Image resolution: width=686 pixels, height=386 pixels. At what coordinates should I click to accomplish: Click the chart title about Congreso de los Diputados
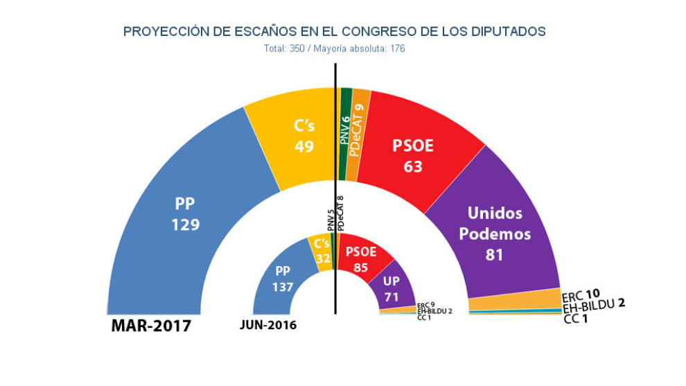click(x=334, y=32)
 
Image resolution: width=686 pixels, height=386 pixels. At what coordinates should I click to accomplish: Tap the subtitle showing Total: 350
click(x=334, y=49)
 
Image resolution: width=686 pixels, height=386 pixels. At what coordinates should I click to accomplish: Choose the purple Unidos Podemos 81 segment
click(x=495, y=233)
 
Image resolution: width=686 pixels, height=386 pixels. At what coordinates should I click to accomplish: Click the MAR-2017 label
click(x=151, y=326)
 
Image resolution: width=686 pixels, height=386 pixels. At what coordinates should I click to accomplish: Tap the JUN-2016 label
click(x=268, y=325)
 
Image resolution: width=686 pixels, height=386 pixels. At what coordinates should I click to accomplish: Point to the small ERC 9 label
click(x=425, y=305)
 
